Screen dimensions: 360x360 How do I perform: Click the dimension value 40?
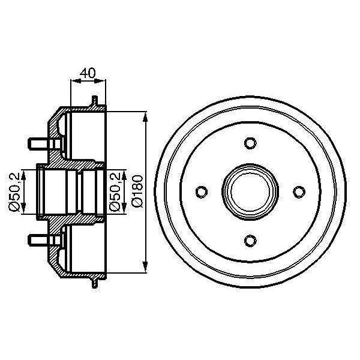pos(88,74)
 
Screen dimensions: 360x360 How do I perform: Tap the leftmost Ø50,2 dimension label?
pos(14,191)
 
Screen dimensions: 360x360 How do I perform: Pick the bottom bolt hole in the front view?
pos(250,240)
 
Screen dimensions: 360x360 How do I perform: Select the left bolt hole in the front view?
pos(201,191)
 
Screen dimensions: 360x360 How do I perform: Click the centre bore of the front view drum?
pos(250,191)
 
